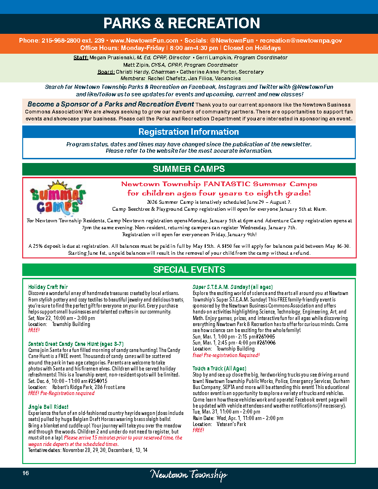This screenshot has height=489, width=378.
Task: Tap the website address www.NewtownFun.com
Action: (145, 41)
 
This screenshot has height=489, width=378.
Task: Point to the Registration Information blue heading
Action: (189, 132)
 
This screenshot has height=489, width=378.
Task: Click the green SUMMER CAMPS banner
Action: (189, 169)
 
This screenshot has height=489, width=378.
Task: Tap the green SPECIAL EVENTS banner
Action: (189, 270)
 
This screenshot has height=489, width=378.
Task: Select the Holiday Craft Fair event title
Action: (48, 287)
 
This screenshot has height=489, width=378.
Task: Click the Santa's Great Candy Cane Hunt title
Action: (76, 344)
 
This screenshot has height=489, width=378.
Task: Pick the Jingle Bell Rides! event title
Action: (48, 407)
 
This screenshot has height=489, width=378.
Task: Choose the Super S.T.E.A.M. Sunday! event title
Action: (233, 287)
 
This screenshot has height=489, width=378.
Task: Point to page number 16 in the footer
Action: (25, 473)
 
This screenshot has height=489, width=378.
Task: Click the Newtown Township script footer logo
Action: (189, 475)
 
